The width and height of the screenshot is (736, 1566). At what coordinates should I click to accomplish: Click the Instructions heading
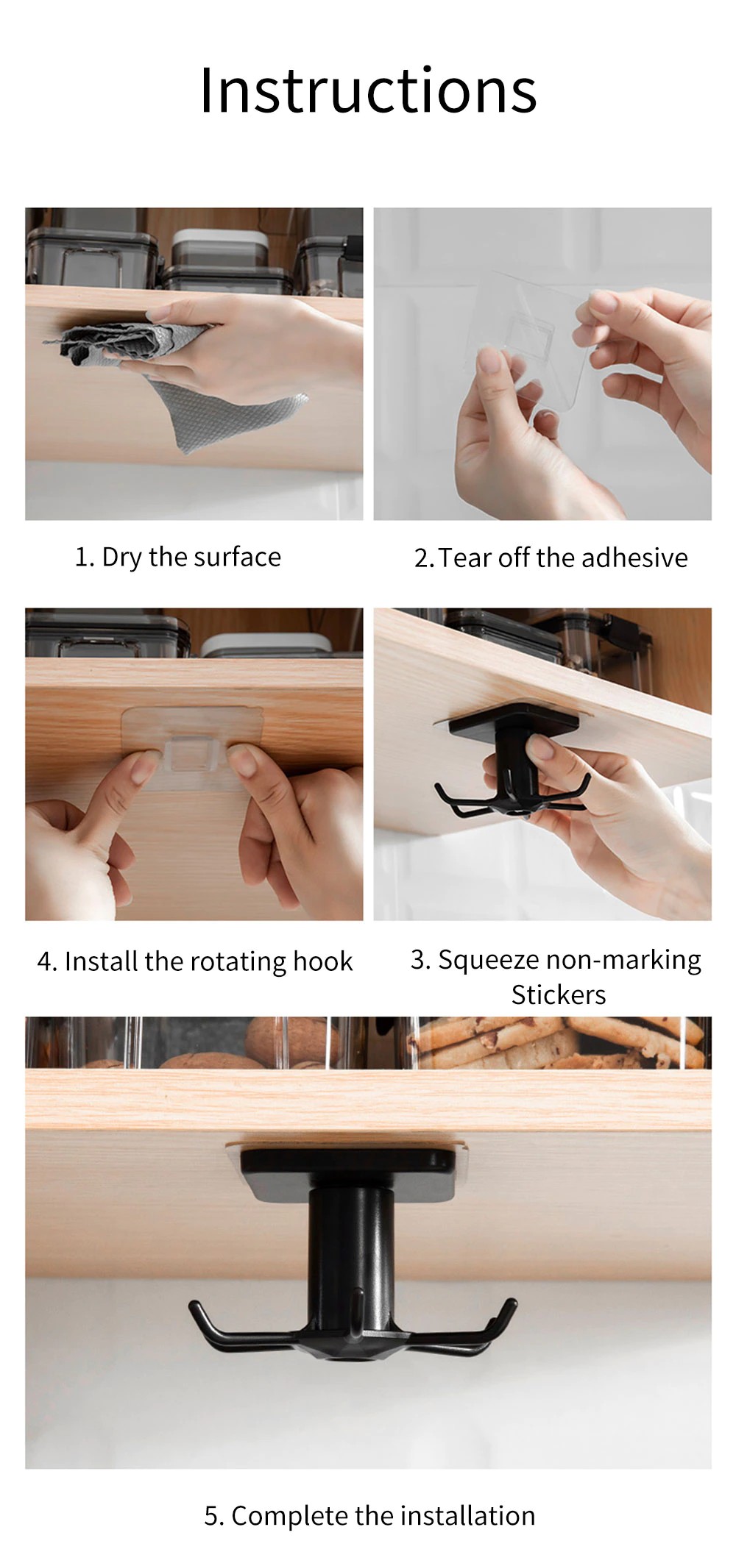368,90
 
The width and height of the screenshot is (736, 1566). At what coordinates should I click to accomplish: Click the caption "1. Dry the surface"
178,557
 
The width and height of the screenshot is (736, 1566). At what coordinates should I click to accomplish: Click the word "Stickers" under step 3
559,994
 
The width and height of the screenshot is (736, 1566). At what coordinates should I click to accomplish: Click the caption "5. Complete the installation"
369,1515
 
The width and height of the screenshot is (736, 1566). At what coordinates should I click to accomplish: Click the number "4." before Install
47,961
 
